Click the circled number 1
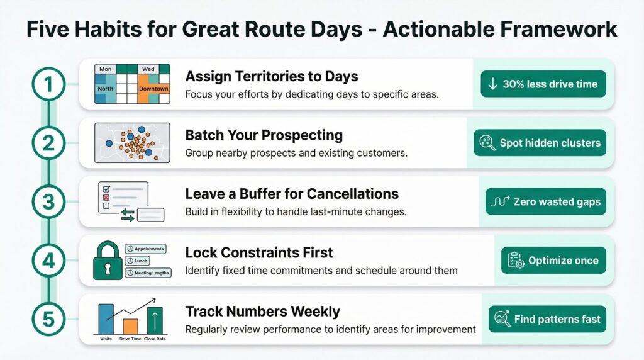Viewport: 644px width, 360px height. (x=48, y=84)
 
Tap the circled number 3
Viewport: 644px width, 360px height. (x=48, y=202)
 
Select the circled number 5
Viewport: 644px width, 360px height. (x=48, y=319)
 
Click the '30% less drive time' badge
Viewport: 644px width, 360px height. (x=543, y=84)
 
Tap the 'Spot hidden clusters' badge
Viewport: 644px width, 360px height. (x=540, y=143)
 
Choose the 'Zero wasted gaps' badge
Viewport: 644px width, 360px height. (x=545, y=201)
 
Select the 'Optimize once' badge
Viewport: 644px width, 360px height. (x=553, y=260)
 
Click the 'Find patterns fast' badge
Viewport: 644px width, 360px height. (x=547, y=319)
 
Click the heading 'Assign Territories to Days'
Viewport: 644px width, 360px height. (x=272, y=76)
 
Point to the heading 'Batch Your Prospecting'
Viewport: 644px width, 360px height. (x=264, y=135)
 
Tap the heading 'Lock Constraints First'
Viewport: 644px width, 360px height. (x=258, y=253)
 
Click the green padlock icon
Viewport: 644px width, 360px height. (x=108, y=261)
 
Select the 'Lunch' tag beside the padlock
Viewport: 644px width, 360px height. (x=138, y=261)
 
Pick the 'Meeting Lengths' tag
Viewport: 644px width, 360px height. (x=148, y=273)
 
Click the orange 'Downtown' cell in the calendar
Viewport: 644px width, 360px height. (x=153, y=89)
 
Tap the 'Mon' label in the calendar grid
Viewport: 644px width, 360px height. (x=105, y=69)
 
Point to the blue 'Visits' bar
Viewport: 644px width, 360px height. (x=106, y=319)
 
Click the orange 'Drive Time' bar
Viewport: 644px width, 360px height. (x=131, y=326)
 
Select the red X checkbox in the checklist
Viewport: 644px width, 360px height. (x=106, y=198)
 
